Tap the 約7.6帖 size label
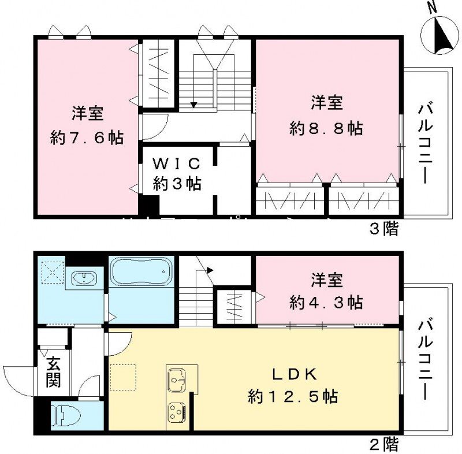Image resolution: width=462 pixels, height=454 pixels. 87,138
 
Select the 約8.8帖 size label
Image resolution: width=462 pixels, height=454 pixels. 326,128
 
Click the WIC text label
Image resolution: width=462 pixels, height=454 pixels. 176,162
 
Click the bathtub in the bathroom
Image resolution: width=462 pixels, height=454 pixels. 141,270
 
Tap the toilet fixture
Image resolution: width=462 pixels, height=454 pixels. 62,415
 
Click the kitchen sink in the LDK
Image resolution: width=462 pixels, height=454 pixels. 178,381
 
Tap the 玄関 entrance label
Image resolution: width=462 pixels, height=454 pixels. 53,373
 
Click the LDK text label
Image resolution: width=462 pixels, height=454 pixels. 293,375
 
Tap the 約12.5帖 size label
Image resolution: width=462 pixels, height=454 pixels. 293,397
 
